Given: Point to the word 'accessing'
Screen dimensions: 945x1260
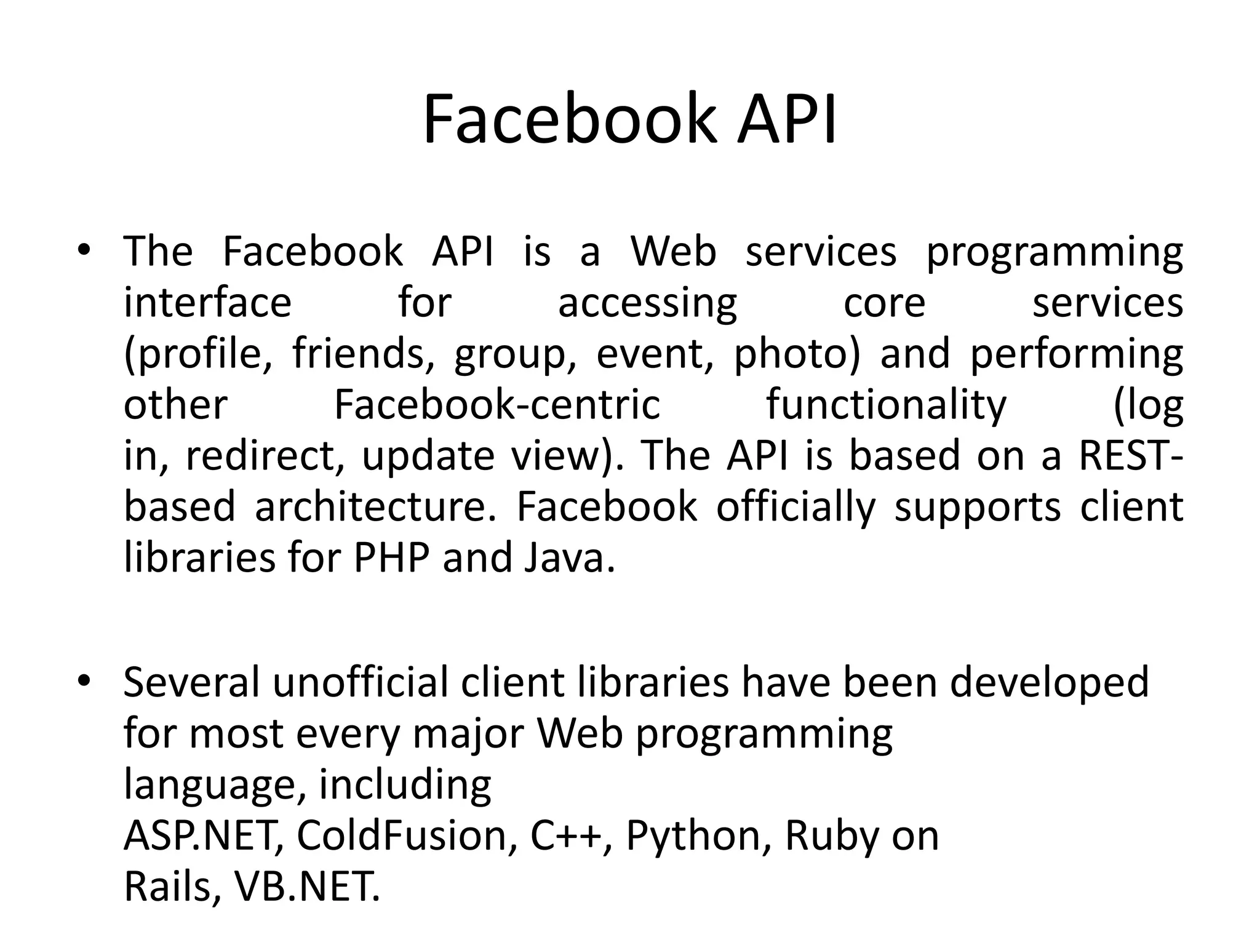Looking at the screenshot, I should click(x=647, y=305).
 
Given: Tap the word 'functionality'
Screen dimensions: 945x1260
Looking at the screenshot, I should click(x=886, y=406).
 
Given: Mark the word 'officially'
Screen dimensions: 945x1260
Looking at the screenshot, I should click(x=795, y=508).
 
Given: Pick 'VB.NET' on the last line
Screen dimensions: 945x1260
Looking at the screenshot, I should click(x=306, y=887).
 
